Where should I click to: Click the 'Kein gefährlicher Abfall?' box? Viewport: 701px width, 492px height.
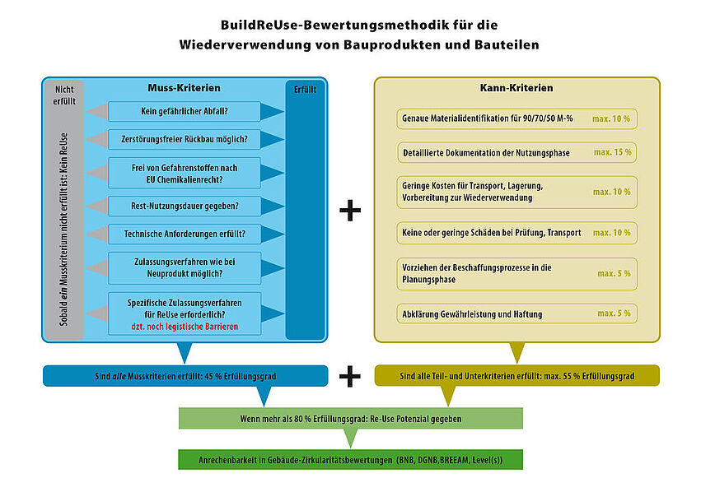(185, 111)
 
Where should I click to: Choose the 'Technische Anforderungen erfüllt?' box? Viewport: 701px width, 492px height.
(185, 234)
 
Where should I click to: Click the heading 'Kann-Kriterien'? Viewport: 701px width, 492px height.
(516, 87)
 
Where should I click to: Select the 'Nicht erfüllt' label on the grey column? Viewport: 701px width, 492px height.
(63, 95)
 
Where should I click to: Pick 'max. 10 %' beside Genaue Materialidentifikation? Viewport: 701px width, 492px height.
(610, 118)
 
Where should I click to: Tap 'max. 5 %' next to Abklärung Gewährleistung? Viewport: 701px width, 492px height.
(614, 313)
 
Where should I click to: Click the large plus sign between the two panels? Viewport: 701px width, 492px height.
(350, 211)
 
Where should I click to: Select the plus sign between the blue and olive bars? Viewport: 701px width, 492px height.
(350, 376)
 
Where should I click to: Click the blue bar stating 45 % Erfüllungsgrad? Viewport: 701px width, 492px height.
(185, 376)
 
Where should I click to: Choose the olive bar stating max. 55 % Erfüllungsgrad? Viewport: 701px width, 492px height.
(517, 376)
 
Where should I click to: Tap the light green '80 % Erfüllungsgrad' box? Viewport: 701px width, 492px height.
(351, 418)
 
